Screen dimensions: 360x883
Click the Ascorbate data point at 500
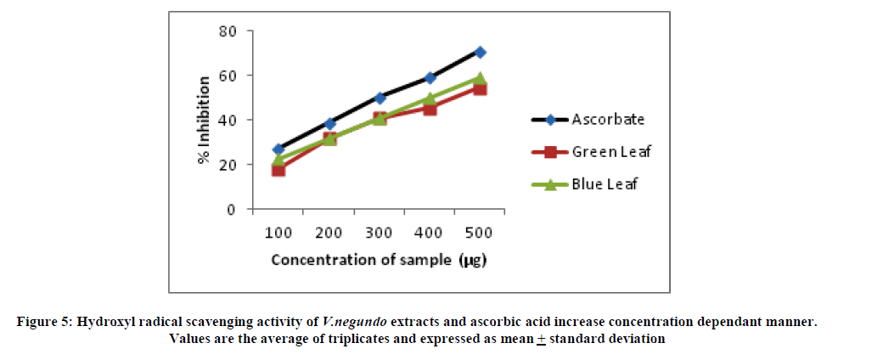(x=480, y=52)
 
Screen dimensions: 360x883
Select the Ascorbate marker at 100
(x=278, y=149)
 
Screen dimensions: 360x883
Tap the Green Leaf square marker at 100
(x=278, y=170)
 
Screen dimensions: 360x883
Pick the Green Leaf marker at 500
(x=480, y=88)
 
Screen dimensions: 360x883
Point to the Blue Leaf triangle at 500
(x=480, y=78)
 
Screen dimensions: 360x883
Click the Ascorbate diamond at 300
(x=380, y=98)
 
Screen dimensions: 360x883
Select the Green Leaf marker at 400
(x=430, y=109)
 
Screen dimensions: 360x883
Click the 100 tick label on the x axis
(x=278, y=233)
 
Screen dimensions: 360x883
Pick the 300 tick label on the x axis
(x=380, y=233)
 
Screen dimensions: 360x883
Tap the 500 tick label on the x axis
(x=480, y=233)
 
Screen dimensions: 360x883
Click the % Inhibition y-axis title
(x=205, y=120)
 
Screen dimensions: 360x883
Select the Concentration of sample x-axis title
(x=378, y=260)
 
